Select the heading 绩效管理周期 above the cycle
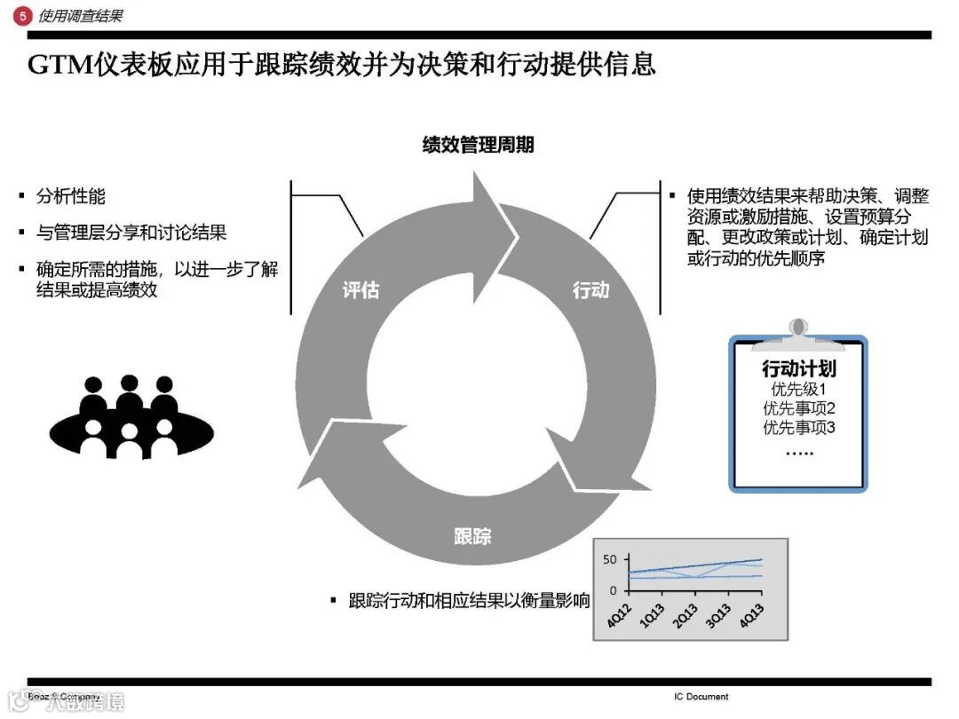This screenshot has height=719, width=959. click(x=478, y=145)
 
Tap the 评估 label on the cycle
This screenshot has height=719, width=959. click(x=361, y=290)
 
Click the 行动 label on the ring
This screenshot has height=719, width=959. click(x=590, y=290)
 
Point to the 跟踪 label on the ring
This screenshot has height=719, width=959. click(x=472, y=535)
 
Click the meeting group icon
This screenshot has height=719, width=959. click(x=131, y=416)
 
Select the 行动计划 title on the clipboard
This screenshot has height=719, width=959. click(x=798, y=368)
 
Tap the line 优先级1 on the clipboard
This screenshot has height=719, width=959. click(x=798, y=390)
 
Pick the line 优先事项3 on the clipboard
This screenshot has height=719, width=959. click(x=798, y=428)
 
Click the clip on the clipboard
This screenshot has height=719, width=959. click(x=798, y=330)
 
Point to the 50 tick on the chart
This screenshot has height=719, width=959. click(x=609, y=559)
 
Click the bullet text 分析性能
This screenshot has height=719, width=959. click(x=70, y=197)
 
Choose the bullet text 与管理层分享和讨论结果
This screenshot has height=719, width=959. click(x=131, y=233)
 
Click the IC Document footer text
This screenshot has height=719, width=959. click(x=701, y=697)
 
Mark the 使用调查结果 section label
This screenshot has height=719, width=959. click(x=81, y=15)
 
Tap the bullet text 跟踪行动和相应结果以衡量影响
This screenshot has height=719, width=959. click(x=469, y=601)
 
